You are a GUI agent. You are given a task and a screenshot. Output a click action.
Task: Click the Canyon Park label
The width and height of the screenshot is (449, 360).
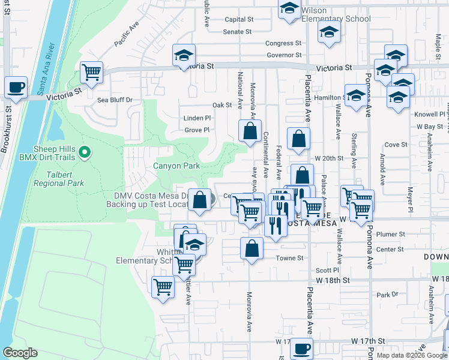(x=176, y=166)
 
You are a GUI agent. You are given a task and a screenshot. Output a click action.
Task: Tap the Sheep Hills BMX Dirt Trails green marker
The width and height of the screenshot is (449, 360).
(x=85, y=152)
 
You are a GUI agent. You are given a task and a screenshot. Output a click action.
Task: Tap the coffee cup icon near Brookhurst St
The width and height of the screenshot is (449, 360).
(x=16, y=87)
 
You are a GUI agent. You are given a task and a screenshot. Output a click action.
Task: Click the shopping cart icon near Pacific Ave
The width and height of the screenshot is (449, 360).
(x=91, y=73)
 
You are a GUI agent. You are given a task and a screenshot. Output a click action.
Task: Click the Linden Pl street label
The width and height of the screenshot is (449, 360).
(x=197, y=118)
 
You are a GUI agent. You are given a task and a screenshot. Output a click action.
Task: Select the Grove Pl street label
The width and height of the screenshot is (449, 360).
(x=197, y=130)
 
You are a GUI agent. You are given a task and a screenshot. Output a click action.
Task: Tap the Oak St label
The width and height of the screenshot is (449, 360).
(x=221, y=105)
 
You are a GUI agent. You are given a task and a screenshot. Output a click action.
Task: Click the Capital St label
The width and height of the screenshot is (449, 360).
(x=239, y=19)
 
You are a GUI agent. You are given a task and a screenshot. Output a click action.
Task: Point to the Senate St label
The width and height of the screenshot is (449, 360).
(x=238, y=32)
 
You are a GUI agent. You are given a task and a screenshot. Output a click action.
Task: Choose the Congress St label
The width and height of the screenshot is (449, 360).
(x=283, y=43)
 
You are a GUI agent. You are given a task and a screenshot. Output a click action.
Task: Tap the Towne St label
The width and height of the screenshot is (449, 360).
(x=288, y=257)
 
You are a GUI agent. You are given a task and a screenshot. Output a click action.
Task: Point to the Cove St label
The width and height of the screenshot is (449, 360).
(x=396, y=145)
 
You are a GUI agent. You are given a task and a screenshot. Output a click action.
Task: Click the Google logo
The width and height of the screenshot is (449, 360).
(x=20, y=353)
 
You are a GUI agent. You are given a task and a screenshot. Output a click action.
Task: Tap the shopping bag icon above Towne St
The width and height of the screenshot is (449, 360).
(x=252, y=248)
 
